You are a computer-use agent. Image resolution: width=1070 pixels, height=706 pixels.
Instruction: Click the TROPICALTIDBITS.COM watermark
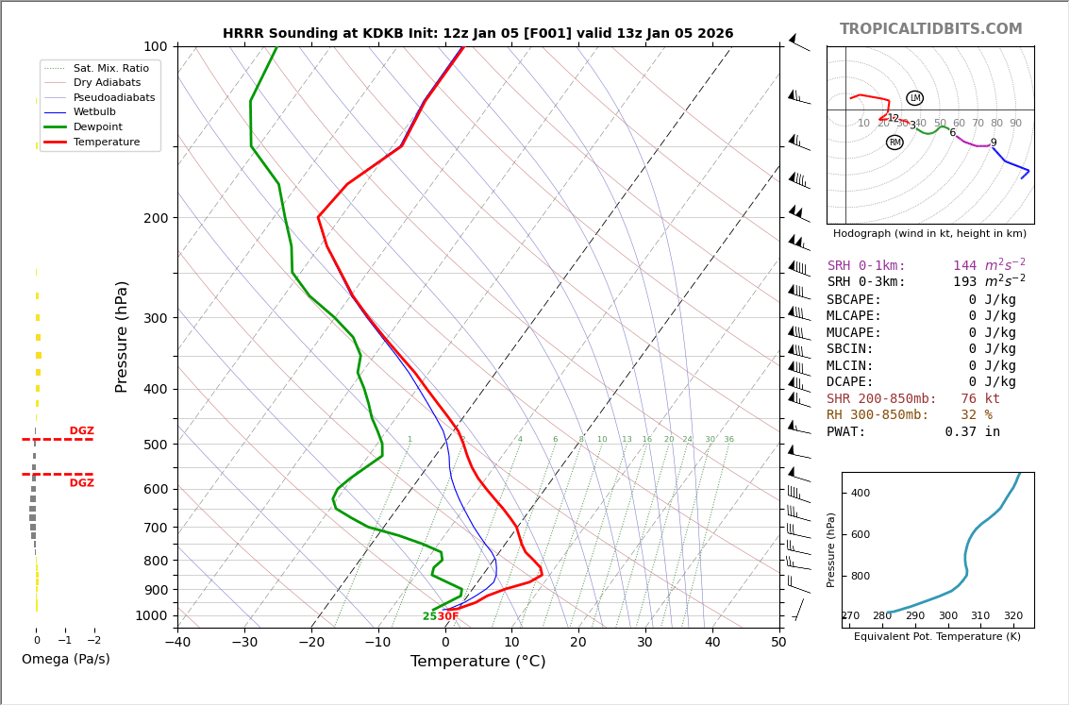coord(930,29)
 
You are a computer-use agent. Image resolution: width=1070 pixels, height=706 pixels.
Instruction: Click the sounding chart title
coord(477,34)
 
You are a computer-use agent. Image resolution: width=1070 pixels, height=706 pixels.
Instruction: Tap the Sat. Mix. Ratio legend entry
coord(110,68)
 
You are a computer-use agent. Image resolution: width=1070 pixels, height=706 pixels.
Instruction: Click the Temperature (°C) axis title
coord(477,662)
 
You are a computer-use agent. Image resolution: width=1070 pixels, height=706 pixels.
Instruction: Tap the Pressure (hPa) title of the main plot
coord(122,336)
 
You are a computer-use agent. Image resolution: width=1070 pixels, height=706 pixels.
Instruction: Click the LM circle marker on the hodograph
coord(914,98)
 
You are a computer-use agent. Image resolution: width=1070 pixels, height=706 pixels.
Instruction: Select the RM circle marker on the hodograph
coord(894,143)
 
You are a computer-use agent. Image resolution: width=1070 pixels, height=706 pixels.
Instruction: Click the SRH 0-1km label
coord(866,266)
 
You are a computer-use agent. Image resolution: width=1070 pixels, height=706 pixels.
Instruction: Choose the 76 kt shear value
coord(980,399)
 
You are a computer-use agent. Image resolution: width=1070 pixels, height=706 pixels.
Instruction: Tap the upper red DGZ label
coord(81,431)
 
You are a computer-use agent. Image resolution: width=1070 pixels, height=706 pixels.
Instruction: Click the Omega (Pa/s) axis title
coord(65,660)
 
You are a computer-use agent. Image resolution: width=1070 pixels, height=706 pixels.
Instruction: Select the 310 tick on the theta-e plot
coord(980,616)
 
